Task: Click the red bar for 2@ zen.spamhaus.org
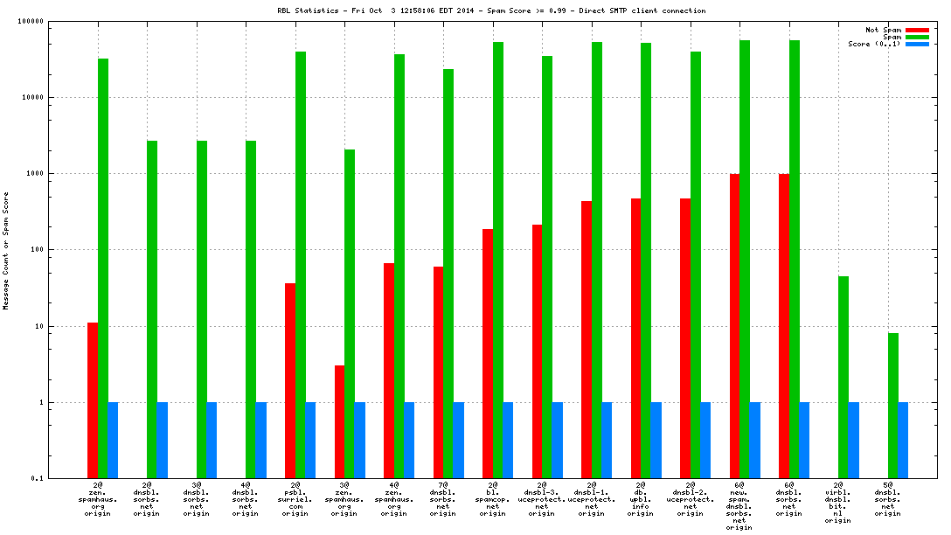point(92,400)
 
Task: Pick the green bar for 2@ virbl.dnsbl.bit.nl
point(843,377)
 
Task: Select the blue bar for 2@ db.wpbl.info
point(656,441)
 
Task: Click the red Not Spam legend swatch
point(916,30)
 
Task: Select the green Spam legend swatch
point(916,37)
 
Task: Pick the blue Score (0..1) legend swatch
point(916,44)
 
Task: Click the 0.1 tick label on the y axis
point(62,479)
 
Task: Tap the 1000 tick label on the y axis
point(59,174)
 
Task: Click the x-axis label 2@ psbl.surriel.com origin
point(295,498)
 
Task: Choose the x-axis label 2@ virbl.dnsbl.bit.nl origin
point(837,502)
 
